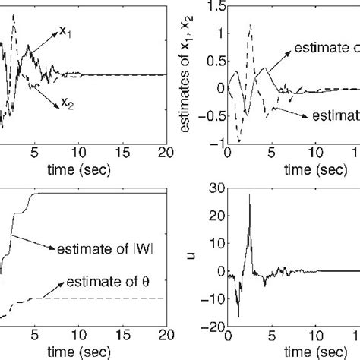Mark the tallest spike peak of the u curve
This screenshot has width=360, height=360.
click(x=249, y=195)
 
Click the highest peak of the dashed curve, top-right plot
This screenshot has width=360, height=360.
click(x=250, y=24)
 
